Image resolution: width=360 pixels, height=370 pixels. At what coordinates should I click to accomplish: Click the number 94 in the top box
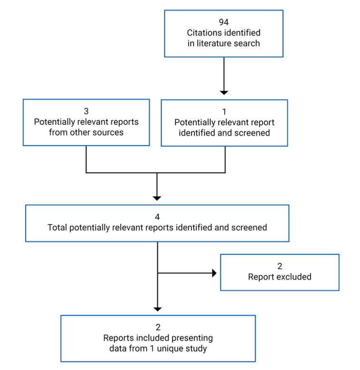point(224,23)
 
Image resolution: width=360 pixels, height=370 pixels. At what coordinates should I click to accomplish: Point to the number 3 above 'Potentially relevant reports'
point(86,111)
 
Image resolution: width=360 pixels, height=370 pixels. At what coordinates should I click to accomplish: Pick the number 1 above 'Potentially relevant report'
point(224,111)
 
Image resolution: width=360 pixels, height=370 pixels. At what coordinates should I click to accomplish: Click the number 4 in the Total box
point(157,217)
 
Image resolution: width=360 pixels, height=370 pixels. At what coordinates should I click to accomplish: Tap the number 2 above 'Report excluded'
point(280,267)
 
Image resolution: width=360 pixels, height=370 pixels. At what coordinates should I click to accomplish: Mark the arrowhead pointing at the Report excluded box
point(214,273)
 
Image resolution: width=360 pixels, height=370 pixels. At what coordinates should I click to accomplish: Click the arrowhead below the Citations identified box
point(224,92)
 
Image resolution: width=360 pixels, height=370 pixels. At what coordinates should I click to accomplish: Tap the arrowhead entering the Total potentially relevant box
point(157,198)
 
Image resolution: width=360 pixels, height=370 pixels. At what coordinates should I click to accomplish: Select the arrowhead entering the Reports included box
point(158,309)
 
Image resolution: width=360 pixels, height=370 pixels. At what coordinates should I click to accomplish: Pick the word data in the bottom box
point(117,349)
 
